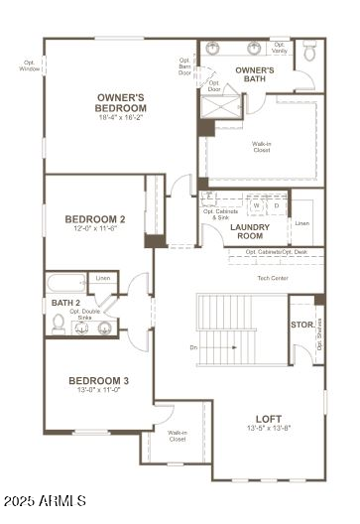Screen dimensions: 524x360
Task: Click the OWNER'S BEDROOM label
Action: click(x=122, y=102)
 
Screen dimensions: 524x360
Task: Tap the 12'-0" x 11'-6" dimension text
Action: click(x=94, y=228)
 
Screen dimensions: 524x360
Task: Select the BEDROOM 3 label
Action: click(x=98, y=381)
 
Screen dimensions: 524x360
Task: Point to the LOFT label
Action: click(x=269, y=418)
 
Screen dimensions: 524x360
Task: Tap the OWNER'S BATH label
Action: click(x=255, y=73)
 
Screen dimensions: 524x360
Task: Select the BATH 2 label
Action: click(x=65, y=302)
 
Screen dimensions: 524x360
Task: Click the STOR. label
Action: click(x=301, y=325)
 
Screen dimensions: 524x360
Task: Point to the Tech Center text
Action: click(x=273, y=278)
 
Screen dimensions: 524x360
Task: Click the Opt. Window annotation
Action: click(x=30, y=65)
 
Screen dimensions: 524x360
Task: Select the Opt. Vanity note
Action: click(x=280, y=47)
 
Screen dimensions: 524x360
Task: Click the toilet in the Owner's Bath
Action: click(x=309, y=50)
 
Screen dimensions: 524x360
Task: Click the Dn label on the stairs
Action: click(x=193, y=347)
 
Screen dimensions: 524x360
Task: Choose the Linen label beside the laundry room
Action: click(x=302, y=223)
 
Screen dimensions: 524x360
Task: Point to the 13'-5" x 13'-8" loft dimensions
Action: click(x=269, y=428)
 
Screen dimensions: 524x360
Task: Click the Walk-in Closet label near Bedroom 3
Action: click(x=177, y=436)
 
